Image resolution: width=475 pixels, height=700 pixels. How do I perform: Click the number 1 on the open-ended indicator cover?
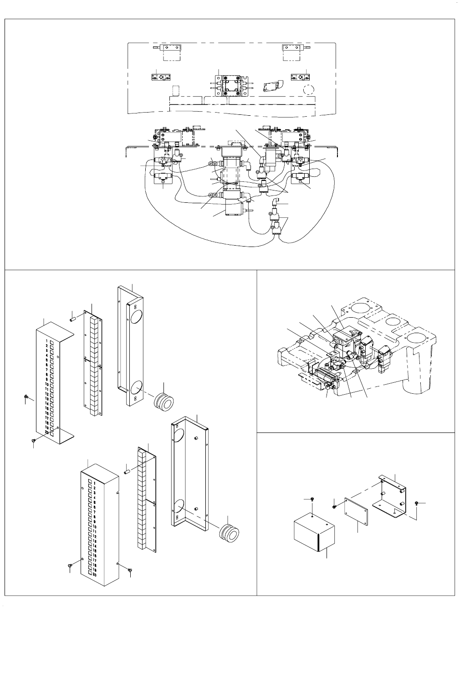(x=47, y=341)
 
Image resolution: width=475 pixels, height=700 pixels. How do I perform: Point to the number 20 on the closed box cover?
(x=94, y=575)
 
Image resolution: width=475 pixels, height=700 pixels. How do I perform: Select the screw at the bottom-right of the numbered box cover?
(x=131, y=569)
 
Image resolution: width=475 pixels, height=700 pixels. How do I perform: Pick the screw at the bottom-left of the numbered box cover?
(x=70, y=566)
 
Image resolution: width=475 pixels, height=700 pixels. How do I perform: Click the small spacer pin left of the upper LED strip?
(x=72, y=317)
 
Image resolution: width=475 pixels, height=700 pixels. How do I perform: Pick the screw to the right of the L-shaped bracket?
(x=418, y=503)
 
